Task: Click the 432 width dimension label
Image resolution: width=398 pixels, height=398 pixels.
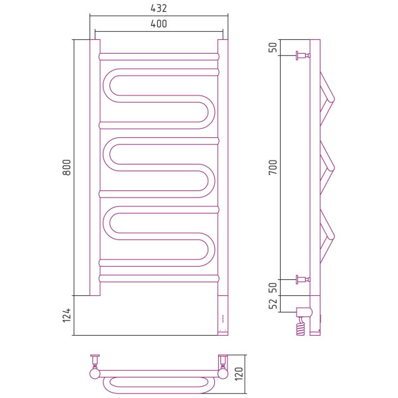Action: coord(159,9)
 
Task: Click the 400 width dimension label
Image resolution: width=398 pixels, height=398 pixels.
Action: coord(159,24)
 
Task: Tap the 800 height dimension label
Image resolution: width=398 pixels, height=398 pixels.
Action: coord(67,167)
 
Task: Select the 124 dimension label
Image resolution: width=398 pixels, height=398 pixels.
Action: coord(67,316)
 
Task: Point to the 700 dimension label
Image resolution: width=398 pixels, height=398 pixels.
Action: coord(273,167)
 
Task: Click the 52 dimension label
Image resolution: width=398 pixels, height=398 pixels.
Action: coord(273,304)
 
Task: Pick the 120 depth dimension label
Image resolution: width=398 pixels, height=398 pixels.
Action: coord(239,373)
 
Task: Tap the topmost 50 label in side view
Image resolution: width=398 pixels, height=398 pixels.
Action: coord(273,48)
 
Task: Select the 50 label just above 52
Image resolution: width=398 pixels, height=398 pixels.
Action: coord(273,287)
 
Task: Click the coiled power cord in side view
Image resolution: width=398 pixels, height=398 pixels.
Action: coord(300,326)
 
